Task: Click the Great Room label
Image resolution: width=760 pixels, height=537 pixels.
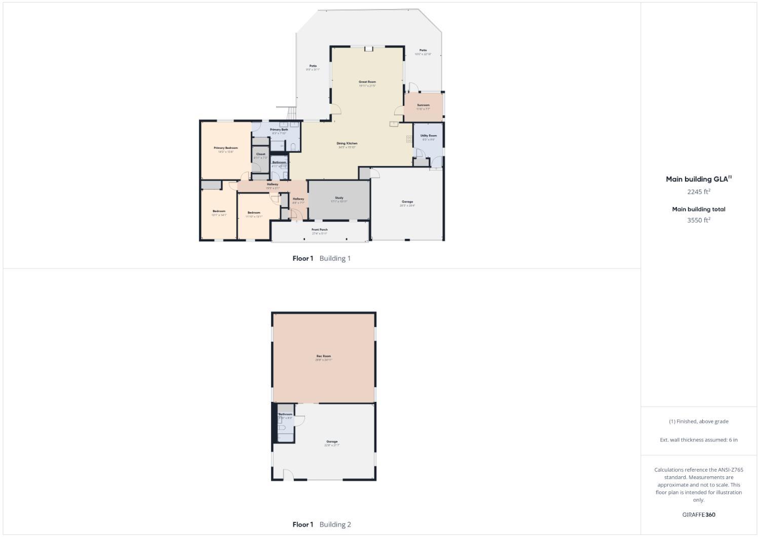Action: (x=367, y=82)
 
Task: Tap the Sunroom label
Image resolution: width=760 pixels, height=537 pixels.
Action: (x=423, y=105)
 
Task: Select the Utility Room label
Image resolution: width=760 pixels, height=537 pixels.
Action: (x=428, y=136)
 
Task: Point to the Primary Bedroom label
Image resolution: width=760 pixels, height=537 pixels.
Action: (x=225, y=148)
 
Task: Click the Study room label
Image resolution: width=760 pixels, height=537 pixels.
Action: (x=339, y=198)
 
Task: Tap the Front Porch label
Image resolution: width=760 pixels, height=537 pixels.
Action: (x=319, y=230)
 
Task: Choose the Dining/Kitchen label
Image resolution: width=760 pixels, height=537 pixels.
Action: (x=347, y=144)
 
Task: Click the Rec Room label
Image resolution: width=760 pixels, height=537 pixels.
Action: (x=324, y=356)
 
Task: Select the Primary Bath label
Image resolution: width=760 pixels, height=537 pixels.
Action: (x=279, y=130)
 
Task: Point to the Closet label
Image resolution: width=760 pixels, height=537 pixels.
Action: (x=260, y=154)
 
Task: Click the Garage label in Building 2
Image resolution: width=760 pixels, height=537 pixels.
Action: (x=332, y=442)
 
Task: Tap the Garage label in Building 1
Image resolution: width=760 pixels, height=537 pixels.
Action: (x=407, y=202)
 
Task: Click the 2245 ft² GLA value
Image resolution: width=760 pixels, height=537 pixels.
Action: (x=699, y=192)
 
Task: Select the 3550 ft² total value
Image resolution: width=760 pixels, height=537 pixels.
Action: (x=699, y=220)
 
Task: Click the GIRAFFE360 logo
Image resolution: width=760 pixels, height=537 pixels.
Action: (x=699, y=515)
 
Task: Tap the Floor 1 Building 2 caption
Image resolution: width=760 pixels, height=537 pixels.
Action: (x=322, y=524)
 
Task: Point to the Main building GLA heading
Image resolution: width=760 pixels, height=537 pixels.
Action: (x=699, y=179)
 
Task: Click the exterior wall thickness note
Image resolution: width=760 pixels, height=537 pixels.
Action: (x=699, y=440)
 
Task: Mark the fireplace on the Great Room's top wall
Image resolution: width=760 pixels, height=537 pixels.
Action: (x=368, y=49)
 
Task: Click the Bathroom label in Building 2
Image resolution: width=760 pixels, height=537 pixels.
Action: (x=285, y=415)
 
